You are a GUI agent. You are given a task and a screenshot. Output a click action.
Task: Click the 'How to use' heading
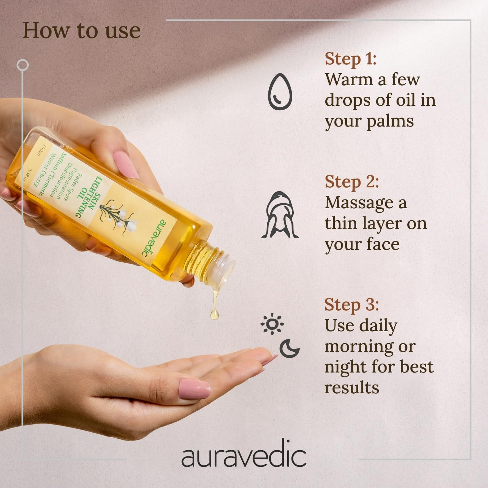tap(81, 31)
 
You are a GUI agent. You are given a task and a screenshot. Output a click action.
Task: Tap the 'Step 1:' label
tap(350, 59)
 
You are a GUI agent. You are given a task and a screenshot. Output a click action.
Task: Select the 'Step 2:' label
tap(352, 182)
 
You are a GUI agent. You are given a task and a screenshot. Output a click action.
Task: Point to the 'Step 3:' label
tap(352, 305)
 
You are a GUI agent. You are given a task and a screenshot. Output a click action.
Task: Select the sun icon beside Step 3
tap(272, 324)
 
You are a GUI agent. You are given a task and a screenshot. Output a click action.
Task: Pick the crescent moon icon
tap(290, 348)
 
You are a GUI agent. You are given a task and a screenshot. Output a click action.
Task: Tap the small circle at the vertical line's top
tap(22, 65)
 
